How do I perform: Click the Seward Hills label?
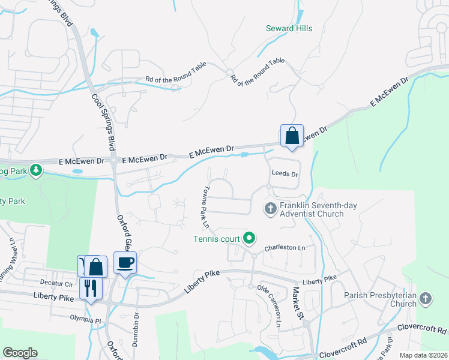coord(289,28)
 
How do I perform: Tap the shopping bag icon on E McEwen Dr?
coord(292,136)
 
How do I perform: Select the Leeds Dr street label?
coord(285,173)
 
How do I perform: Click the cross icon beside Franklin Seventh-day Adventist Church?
coord(270,209)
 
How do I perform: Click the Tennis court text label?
coord(216,239)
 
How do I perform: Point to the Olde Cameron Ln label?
coord(269,306)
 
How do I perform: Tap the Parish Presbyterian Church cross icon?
coord(426,298)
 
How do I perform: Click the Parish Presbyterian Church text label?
coord(380,299)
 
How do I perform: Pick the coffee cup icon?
coord(125,262)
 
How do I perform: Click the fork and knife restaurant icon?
coord(91,288)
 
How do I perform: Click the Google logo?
coord(20,353)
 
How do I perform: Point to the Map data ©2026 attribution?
coord(423,355)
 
